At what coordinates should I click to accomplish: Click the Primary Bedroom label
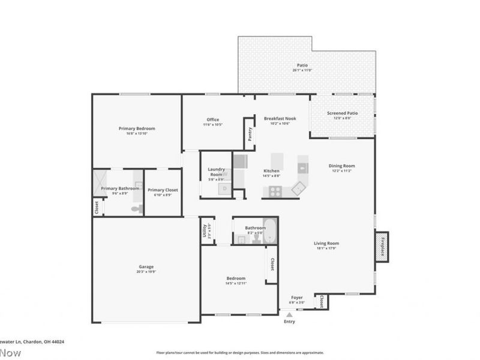pyautogui.click(x=137, y=128)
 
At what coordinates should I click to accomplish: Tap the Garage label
pyautogui.click(x=146, y=266)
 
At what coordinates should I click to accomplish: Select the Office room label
pyautogui.click(x=212, y=119)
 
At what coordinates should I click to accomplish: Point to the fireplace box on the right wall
pyautogui.click(x=382, y=245)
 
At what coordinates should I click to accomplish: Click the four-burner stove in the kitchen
pyautogui.click(x=275, y=191)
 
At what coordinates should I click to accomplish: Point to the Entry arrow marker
pyautogui.click(x=290, y=314)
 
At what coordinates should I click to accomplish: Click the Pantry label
pyautogui.click(x=250, y=134)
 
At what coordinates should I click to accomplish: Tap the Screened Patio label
pyautogui.click(x=342, y=113)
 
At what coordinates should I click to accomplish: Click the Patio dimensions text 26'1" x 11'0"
pyautogui.click(x=303, y=71)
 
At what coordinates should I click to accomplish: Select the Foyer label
pyautogui.click(x=297, y=297)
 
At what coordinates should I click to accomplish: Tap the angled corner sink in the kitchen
pyautogui.click(x=298, y=188)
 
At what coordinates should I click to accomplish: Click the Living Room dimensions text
pyautogui.click(x=326, y=248)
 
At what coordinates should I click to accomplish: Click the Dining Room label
pyautogui.click(x=341, y=166)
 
